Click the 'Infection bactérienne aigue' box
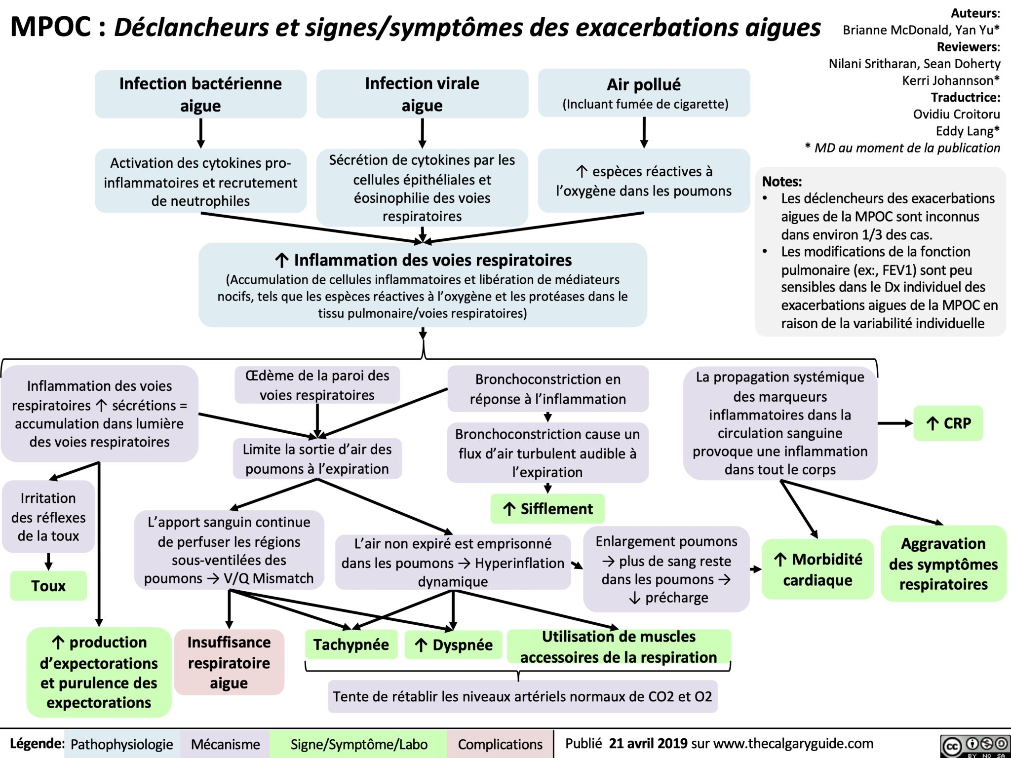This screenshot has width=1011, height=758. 200,94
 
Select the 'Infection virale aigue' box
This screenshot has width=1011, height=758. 422,94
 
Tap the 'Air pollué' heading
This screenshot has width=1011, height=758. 644,84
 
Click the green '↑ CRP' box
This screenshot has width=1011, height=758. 948,423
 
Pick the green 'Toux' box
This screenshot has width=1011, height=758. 48,586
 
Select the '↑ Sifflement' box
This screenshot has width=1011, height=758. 547,509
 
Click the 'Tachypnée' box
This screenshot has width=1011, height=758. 351,644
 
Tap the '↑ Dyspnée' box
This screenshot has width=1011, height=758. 453,645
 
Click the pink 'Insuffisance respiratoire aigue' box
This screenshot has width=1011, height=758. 229,662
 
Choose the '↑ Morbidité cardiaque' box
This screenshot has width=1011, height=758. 817,569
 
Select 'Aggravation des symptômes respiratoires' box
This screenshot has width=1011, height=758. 943,564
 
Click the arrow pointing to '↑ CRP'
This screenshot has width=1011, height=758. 895,423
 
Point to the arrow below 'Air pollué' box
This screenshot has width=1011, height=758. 644,132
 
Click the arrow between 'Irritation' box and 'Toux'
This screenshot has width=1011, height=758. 48,561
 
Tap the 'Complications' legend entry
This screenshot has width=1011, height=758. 500,744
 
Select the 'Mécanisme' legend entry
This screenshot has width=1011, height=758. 225,744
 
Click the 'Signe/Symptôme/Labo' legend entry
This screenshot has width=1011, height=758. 359,744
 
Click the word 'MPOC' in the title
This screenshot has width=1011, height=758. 51,27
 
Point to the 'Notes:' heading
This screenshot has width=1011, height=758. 782,182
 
